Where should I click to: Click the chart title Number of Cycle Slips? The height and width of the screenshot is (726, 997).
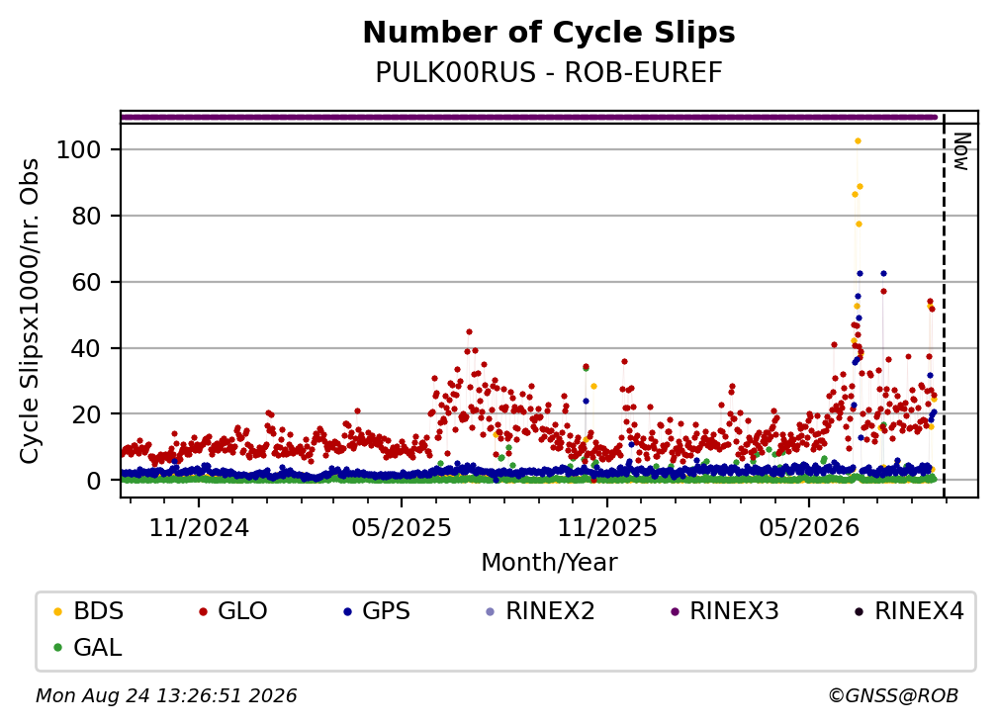pos(549,33)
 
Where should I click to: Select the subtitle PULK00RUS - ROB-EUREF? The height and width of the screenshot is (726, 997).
pos(549,73)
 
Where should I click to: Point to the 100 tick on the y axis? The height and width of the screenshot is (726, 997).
pos(79,150)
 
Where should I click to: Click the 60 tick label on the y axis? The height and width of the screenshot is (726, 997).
pos(87,282)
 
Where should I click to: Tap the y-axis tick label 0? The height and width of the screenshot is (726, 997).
pos(94,481)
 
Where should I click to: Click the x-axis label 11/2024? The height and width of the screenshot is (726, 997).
pos(199,527)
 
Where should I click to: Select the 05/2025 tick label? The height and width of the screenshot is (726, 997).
pos(402,527)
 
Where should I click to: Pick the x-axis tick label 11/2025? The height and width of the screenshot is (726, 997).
pos(607,527)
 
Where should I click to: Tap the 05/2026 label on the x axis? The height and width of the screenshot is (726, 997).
pos(809,527)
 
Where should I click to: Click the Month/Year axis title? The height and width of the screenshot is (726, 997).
pos(549,563)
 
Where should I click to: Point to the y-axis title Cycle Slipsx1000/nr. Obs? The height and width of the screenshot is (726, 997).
pos(30,311)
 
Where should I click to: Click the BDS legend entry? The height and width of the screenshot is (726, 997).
pos(89,611)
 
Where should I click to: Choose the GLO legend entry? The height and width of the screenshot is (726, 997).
pos(233,611)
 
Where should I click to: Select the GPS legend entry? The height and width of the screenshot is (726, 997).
pos(377,611)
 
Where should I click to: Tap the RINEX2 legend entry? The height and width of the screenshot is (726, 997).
pos(540,611)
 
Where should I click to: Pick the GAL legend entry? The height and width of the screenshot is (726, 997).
pos(88,648)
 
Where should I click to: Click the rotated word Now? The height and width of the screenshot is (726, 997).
pos(962,151)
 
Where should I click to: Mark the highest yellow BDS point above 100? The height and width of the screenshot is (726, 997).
pos(858,141)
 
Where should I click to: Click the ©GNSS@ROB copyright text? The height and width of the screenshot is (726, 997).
pos(893,696)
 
